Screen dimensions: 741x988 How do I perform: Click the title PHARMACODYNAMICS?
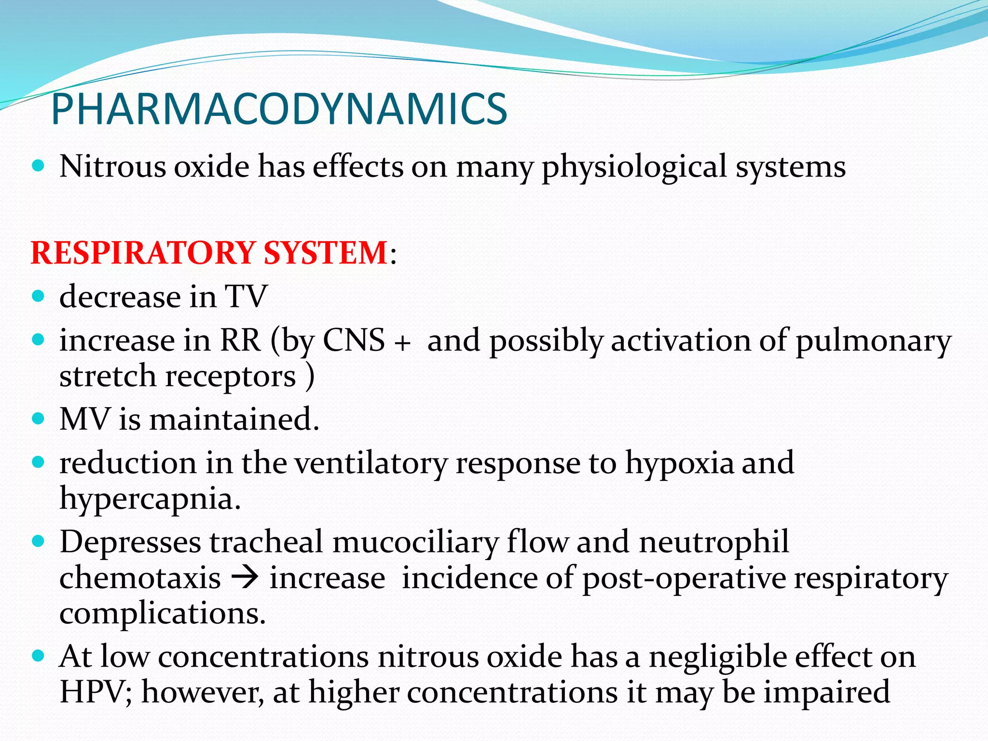(279, 109)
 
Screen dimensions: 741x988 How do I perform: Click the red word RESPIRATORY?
(143, 253)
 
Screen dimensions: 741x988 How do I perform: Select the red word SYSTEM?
(326, 253)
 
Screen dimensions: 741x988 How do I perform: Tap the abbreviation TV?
(246, 296)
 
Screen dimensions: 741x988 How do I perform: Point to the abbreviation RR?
(240, 341)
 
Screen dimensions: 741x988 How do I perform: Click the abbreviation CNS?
(354, 341)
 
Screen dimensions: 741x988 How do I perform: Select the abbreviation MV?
(85, 419)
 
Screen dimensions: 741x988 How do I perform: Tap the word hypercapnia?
(150, 499)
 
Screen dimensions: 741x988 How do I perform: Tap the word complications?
(162, 614)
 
